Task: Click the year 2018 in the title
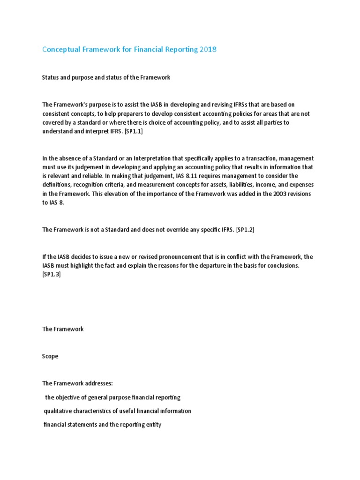click(x=208, y=49)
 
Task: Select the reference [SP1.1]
click(x=132, y=132)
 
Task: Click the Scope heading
click(x=50, y=356)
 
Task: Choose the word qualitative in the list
click(x=60, y=411)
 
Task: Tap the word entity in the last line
click(x=153, y=425)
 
